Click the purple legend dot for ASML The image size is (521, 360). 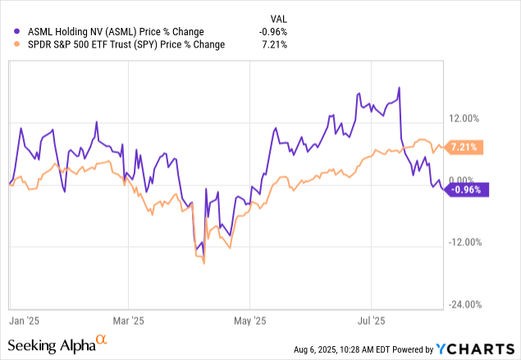[x=10, y=32]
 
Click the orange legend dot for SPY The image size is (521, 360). [x=10, y=44]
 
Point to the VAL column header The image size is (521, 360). [x=279, y=19]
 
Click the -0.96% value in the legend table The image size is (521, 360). [x=272, y=32]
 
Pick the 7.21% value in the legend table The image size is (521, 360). [x=274, y=44]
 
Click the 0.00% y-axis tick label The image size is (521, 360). [x=468, y=180]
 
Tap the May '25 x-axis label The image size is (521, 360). [x=252, y=320]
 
